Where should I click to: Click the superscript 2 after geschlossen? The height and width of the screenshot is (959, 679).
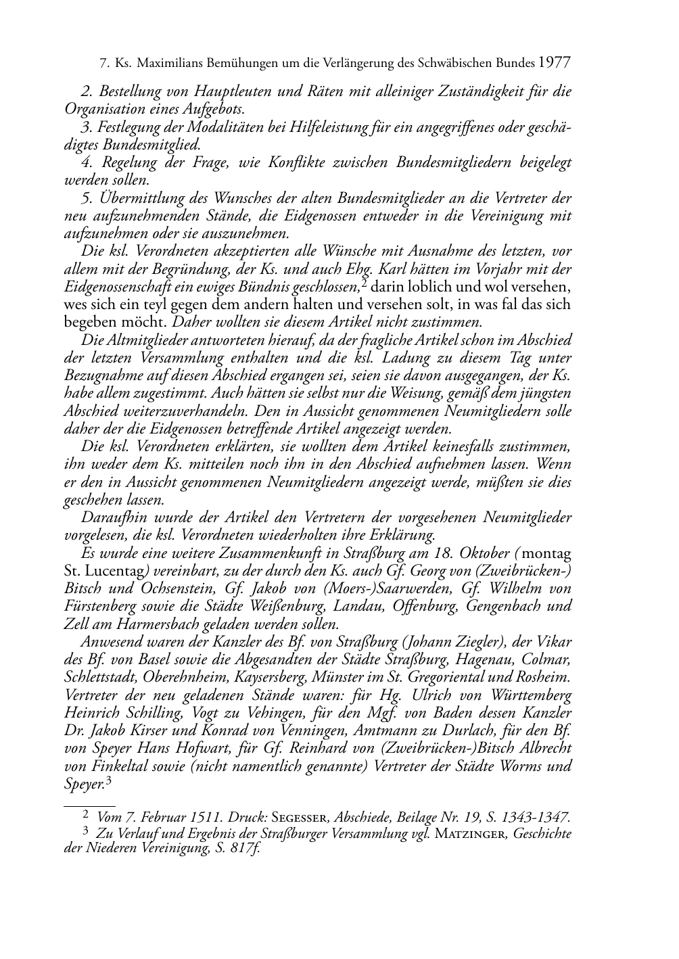pos(364,282)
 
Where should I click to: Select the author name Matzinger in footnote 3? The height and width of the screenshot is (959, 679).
pos(471,834)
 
